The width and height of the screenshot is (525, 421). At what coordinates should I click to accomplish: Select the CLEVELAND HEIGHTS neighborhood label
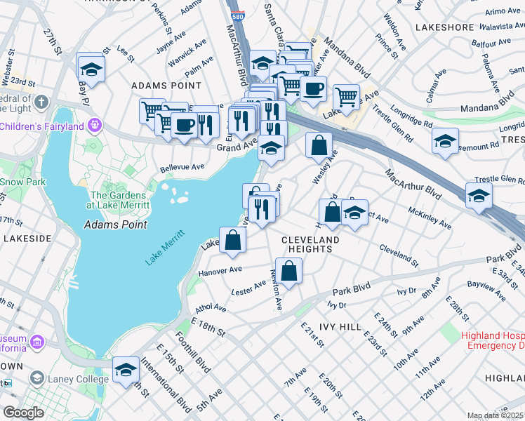pos(310,244)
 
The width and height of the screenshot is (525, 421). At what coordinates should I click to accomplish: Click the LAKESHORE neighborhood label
pos(445,27)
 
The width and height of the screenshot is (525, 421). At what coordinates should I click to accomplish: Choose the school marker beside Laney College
pos(126,370)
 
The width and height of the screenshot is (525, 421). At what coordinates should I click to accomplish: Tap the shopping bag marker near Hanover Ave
pos(232,241)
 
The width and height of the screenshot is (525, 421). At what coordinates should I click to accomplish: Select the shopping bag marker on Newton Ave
pos(288,270)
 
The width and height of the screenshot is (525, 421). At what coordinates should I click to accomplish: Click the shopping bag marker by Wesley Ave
pos(319,145)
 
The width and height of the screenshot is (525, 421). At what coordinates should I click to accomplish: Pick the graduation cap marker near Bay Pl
pos(92,69)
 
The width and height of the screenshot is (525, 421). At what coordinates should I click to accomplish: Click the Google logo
pos(22,413)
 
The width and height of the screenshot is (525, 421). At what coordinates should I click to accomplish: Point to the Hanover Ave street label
pos(219,270)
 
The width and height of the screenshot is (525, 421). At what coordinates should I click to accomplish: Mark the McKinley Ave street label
pos(430,218)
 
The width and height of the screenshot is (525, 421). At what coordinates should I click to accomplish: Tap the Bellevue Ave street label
pos(182,168)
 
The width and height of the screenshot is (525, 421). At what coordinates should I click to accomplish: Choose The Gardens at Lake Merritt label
pos(119,200)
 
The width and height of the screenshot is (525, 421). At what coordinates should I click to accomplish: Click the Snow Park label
pos(14,181)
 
